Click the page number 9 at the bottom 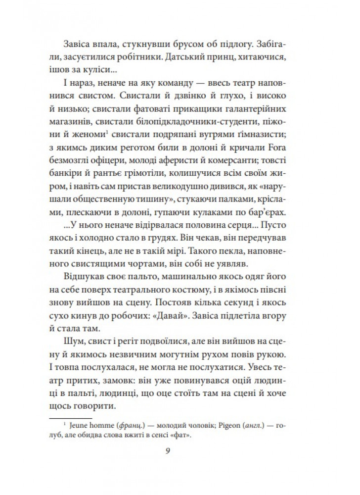[180, 450]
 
